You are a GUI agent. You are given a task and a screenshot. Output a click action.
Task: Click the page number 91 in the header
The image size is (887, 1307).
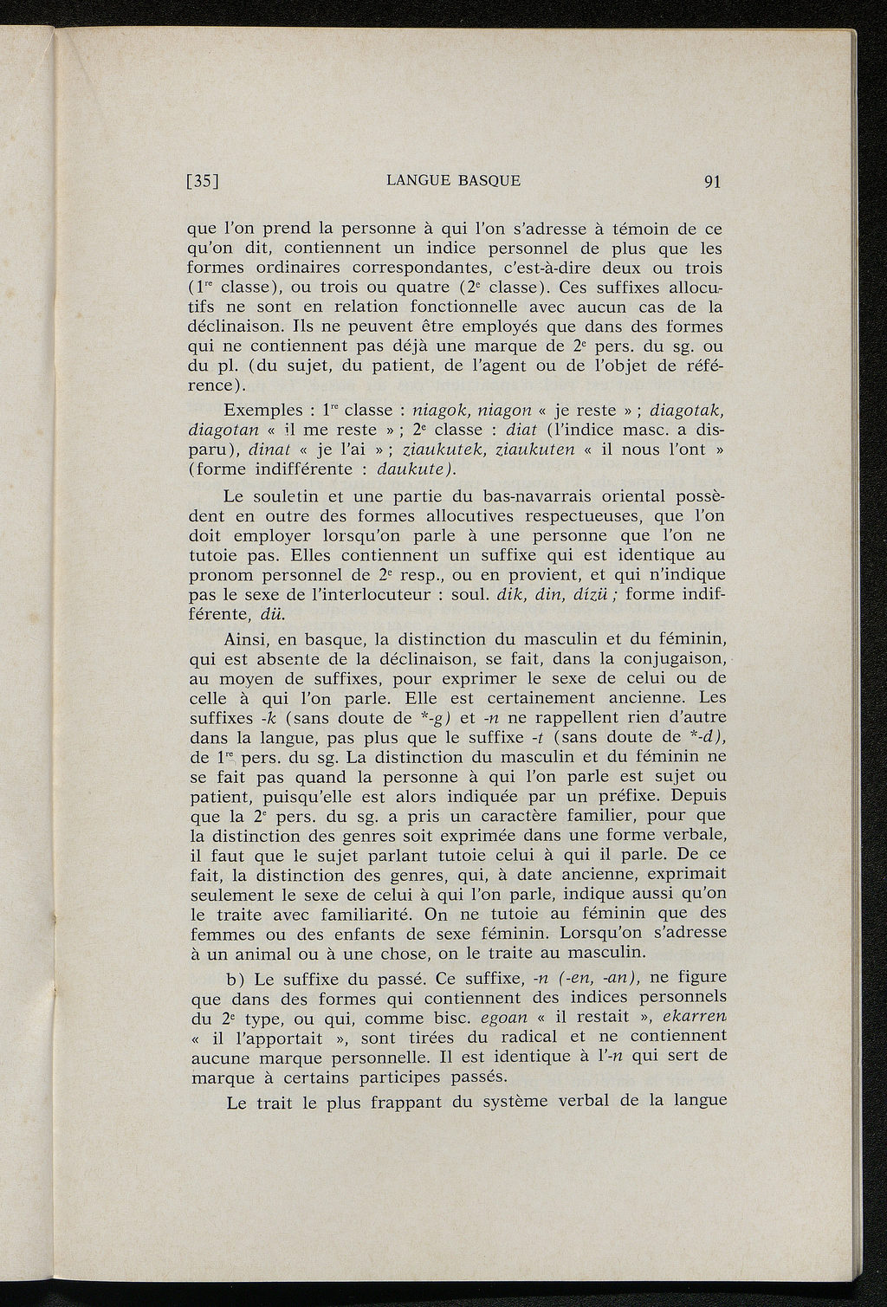[x=713, y=181]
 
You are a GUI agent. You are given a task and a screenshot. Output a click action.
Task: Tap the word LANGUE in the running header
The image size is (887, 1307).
[x=417, y=181]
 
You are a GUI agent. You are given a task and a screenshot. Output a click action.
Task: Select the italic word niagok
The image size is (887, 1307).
[x=442, y=411]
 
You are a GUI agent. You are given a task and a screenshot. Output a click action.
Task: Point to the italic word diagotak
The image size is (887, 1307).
[x=686, y=411]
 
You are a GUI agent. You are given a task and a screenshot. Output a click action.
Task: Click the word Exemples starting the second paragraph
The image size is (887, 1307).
[x=258, y=411]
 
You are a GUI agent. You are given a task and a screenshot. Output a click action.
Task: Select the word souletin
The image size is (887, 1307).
[x=290, y=497]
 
